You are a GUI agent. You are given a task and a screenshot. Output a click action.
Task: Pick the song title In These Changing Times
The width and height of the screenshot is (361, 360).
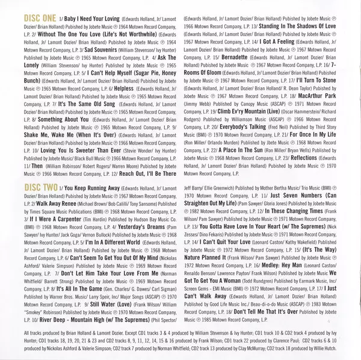(294, 212)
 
